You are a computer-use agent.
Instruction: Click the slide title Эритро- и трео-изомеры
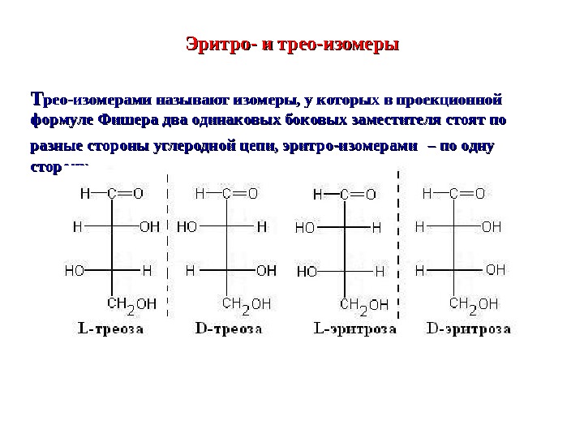pyautogui.click(x=294, y=43)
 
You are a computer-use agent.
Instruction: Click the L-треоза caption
pyautogui.click(x=110, y=330)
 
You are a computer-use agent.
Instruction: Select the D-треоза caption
pyautogui.click(x=230, y=330)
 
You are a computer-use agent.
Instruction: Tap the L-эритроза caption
pyautogui.click(x=354, y=330)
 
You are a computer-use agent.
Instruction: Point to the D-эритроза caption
pyautogui.click(x=469, y=330)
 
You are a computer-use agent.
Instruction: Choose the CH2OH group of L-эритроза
pyautogui.click(x=364, y=305)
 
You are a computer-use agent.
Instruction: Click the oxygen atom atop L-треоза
pyautogui.click(x=138, y=194)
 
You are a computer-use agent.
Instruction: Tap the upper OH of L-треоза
pyautogui.click(x=149, y=228)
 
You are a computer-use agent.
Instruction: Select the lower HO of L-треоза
pyautogui.click(x=74, y=269)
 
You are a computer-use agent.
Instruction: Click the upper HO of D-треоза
pyautogui.click(x=187, y=228)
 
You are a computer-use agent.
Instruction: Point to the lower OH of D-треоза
pyautogui.click(x=266, y=269)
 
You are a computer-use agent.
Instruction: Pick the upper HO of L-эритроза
pyautogui.click(x=305, y=229)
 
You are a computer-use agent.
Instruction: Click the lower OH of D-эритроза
pyautogui.click(x=495, y=268)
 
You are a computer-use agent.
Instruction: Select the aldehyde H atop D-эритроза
pyautogui.click(x=427, y=194)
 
